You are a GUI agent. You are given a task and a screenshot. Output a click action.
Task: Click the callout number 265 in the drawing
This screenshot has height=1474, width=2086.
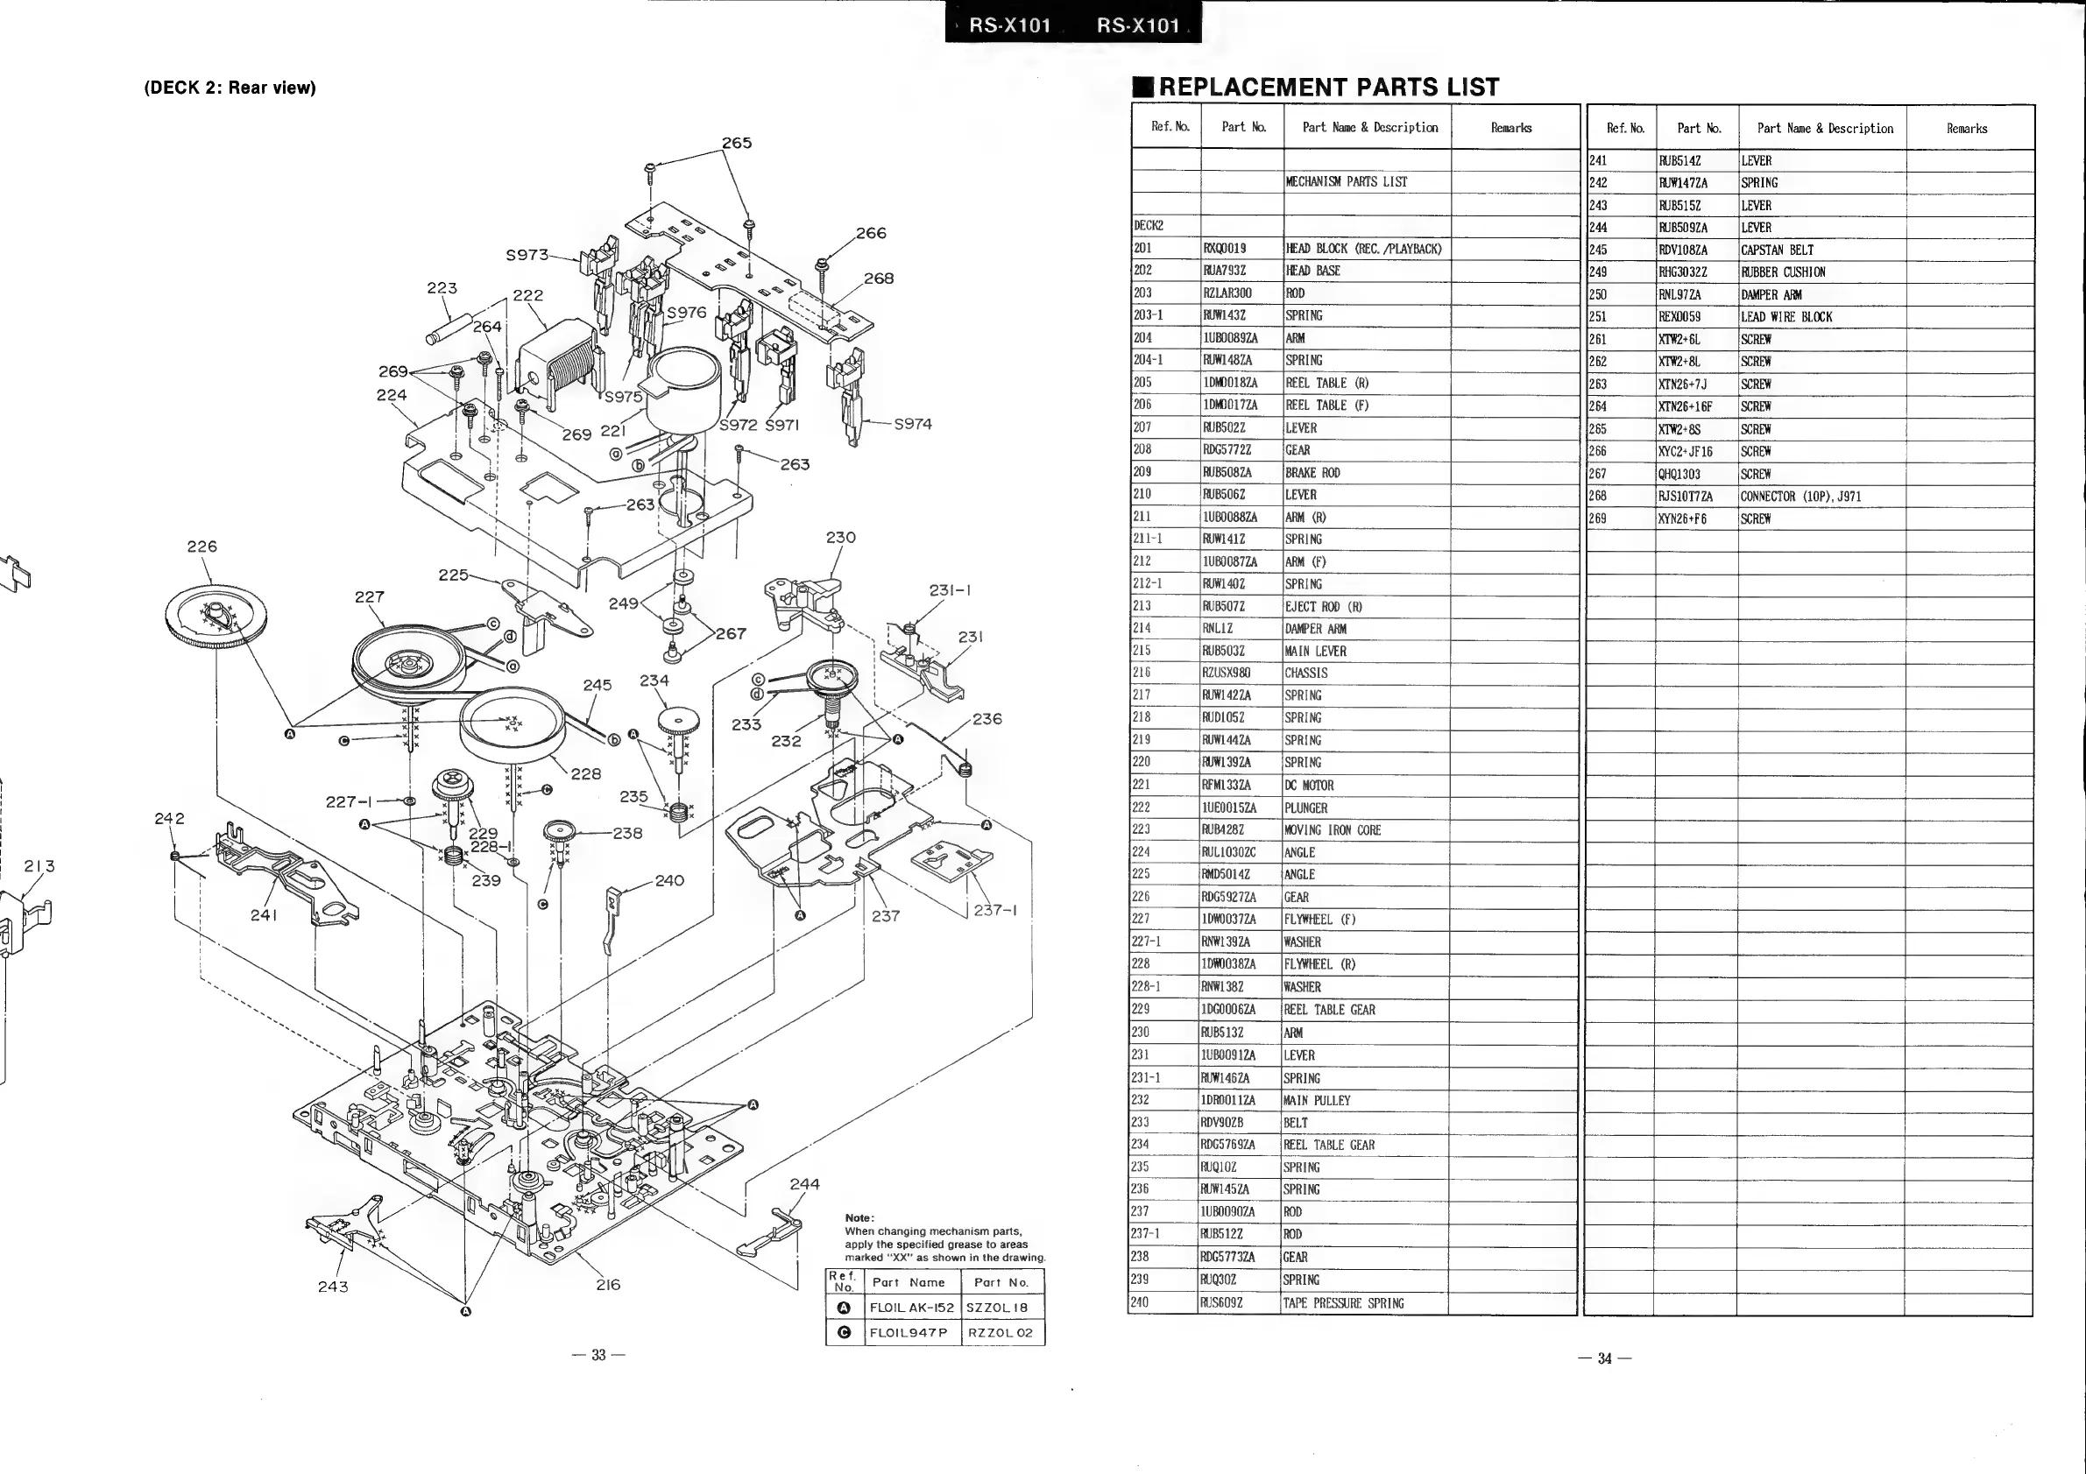pos(736,143)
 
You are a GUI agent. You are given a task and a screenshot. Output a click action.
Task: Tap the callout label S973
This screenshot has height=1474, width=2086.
pos(527,255)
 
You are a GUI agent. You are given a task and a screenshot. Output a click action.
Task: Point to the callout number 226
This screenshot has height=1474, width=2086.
pos(202,546)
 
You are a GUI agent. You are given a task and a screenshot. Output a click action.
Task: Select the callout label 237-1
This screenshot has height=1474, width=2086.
pos(996,909)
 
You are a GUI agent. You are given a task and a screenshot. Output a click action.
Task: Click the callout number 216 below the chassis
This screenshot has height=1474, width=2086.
pos(608,1284)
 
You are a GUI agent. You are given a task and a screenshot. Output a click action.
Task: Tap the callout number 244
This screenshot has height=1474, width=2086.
pos(804,1183)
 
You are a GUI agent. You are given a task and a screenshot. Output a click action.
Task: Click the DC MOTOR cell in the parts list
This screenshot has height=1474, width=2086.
pos(1309,786)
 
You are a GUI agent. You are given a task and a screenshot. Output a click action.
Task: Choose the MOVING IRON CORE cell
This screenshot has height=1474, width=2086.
pos(1332,830)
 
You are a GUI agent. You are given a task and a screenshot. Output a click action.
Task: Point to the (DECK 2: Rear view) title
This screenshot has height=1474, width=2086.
pos(230,88)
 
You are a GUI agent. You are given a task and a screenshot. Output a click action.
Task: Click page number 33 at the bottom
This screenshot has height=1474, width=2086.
pos(598,1355)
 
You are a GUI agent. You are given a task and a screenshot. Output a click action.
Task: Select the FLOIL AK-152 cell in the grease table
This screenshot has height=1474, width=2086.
pos(911,1308)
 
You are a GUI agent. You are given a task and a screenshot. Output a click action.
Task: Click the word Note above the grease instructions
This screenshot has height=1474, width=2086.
pos(859,1218)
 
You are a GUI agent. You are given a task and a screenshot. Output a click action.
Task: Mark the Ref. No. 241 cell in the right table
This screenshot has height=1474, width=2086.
pos(1598,161)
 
